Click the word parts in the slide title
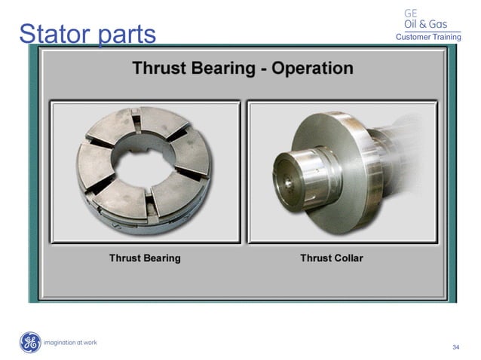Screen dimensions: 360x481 (125, 35)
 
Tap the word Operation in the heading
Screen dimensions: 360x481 (312, 68)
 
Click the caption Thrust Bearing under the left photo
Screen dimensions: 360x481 (145, 258)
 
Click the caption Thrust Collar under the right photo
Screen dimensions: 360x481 (332, 258)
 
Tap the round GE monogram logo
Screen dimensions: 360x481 (30, 343)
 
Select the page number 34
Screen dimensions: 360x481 (455, 347)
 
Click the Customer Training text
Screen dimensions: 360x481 (428, 38)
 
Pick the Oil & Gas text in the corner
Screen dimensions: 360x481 (426, 24)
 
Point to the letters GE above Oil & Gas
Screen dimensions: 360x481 (412, 13)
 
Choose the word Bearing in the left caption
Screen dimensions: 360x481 (161, 258)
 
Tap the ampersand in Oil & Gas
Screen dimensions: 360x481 (427, 24)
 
